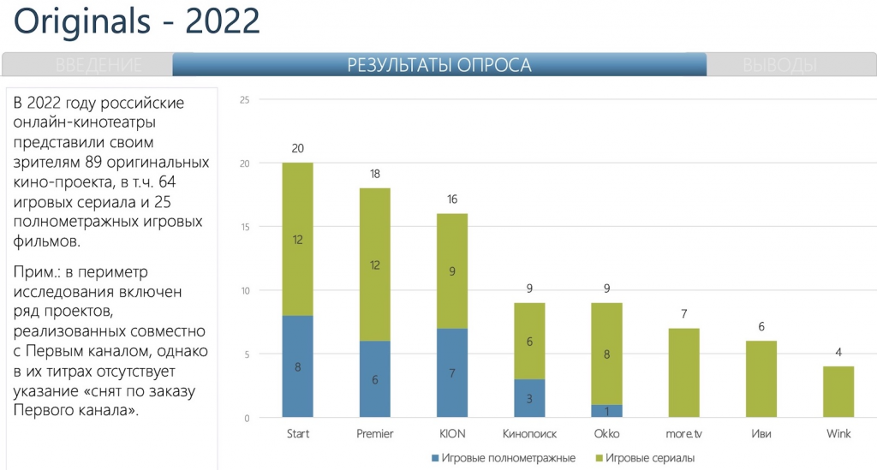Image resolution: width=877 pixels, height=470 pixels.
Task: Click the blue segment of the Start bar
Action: [297, 366]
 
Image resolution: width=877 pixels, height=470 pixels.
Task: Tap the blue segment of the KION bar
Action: [452, 373]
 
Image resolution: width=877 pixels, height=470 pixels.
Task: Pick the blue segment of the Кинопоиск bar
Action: [529, 398]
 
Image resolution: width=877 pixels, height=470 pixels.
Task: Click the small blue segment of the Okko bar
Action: [606, 412]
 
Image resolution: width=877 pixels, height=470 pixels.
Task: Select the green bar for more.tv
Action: [684, 373]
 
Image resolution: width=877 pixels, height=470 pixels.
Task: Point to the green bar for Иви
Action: [761, 379]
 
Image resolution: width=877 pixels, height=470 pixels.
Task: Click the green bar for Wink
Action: [838, 392]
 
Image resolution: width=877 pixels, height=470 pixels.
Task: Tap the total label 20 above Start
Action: [297, 148]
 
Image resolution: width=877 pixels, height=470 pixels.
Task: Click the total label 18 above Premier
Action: [374, 174]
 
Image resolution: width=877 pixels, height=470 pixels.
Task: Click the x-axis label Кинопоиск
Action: [529, 434]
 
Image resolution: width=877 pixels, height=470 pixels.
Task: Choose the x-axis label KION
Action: [452, 434]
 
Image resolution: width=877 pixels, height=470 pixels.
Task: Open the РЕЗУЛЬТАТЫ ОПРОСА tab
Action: [439, 65]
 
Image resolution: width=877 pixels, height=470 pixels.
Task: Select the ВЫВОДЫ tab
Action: [779, 65]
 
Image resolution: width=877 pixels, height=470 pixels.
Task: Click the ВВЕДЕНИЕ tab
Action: [98, 65]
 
